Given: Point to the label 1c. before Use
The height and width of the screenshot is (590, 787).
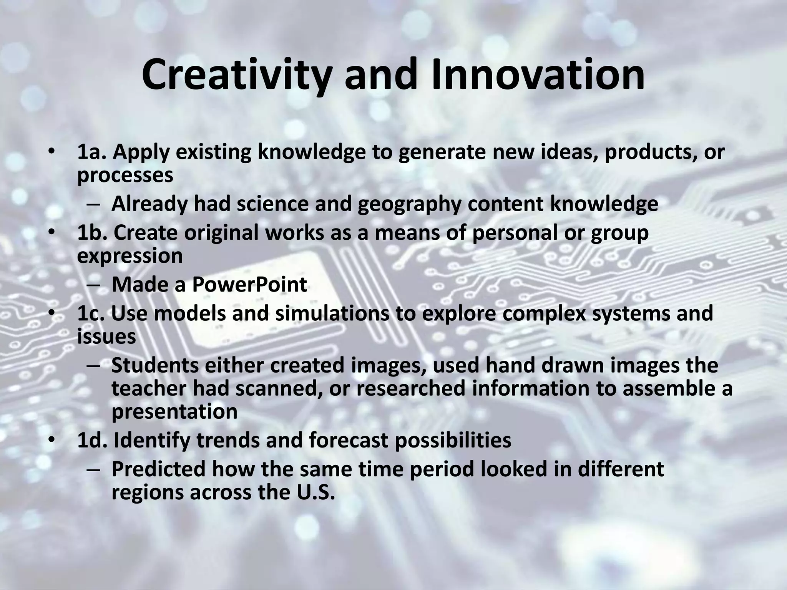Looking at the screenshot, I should [x=92, y=313].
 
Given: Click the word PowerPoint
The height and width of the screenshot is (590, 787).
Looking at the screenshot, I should [x=249, y=285].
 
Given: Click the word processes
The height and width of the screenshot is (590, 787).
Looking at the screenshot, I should [x=125, y=175].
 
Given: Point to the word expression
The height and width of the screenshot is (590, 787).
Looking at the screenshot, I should [x=130, y=256].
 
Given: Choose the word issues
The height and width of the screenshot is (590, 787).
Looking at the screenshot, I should [x=106, y=336].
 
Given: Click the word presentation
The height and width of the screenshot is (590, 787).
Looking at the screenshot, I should [x=174, y=411].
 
